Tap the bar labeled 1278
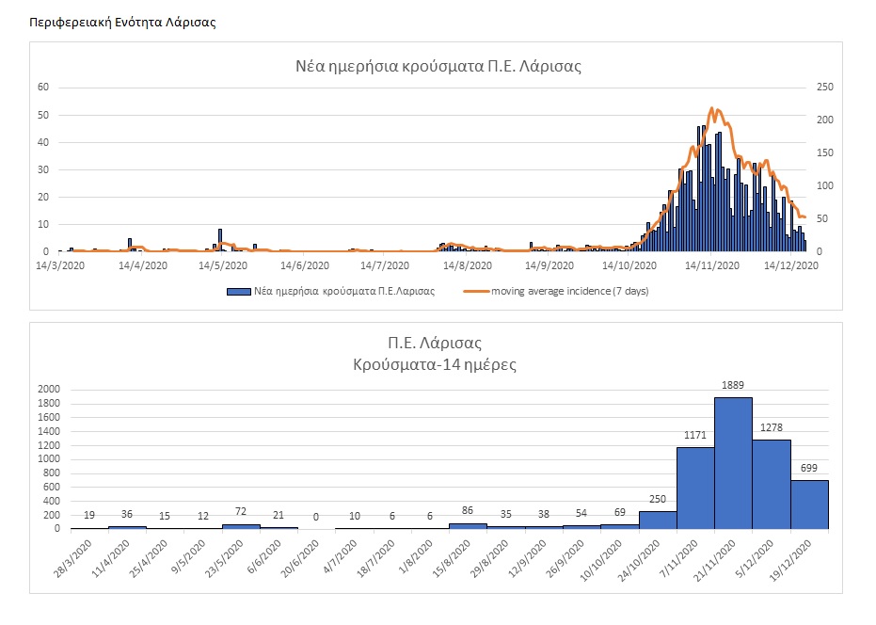tap(772, 484)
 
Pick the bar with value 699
tap(809, 505)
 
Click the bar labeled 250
tap(658, 520)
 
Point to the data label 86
tap(468, 509)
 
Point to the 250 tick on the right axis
tap(824, 88)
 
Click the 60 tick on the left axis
tap(42, 88)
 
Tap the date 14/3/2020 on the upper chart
tap(59, 266)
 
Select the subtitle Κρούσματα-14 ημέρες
tap(441, 362)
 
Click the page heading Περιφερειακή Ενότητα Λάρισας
tap(122, 22)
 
